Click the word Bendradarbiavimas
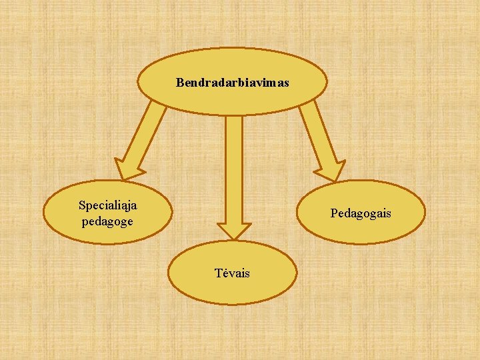point(232,83)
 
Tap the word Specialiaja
point(108,205)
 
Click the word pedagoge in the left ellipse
point(107,221)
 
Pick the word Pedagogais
point(361,213)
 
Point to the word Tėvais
point(232,273)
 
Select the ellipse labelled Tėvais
point(232,290)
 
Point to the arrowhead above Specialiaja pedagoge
point(127,169)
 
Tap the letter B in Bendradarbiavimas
point(179,83)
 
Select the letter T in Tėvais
point(218,273)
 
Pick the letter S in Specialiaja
point(81,205)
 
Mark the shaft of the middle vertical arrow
point(233,167)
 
